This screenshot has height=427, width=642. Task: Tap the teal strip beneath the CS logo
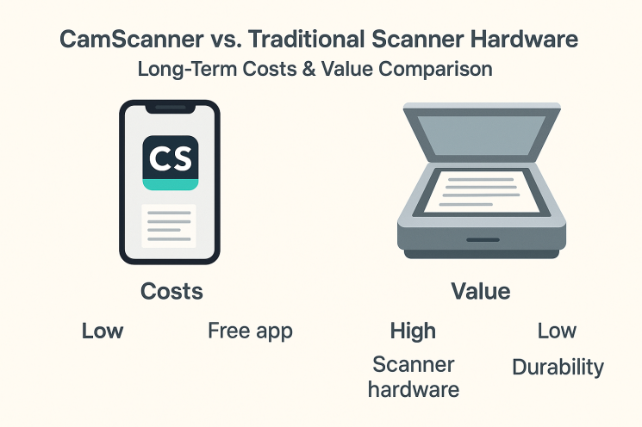170,184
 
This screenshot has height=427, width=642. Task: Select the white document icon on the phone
169,226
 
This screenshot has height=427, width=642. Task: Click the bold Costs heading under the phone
171,292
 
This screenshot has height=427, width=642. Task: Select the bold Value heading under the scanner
481,292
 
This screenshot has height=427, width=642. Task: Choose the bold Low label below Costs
103,331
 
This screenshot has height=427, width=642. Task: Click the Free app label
250,331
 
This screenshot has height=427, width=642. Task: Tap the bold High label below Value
413,331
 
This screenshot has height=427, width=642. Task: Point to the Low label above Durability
557,331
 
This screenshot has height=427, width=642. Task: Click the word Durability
558,368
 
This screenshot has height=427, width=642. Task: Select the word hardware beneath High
414,389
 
